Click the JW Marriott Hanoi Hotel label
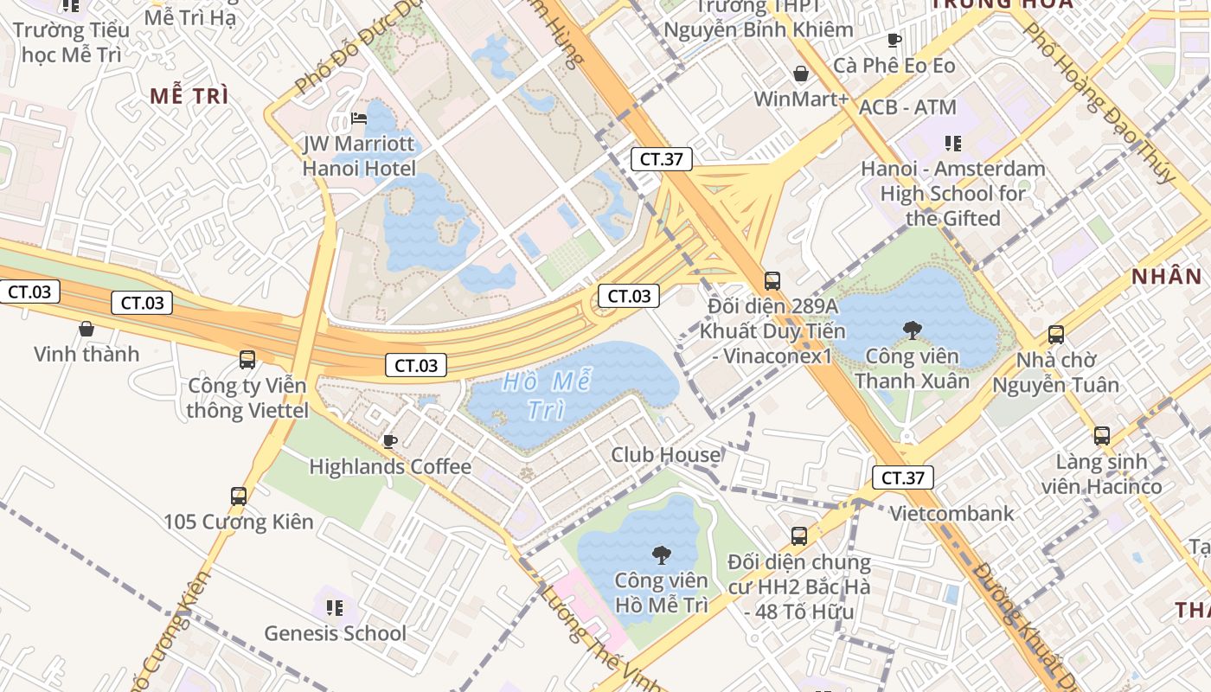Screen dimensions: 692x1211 pyautogui.click(x=359, y=156)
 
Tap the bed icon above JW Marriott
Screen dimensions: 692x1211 pyautogui.click(x=359, y=119)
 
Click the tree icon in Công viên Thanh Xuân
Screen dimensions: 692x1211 pyautogui.click(x=912, y=329)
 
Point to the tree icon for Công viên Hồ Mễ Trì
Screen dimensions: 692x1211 pyautogui.click(x=661, y=554)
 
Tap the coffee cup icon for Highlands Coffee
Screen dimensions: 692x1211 pyautogui.click(x=390, y=442)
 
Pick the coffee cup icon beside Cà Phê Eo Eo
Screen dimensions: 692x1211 pyautogui.click(x=894, y=40)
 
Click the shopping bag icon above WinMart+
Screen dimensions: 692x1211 pyautogui.click(x=801, y=74)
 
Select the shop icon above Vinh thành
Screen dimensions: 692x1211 pyautogui.click(x=86, y=329)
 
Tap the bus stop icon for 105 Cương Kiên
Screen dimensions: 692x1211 pyautogui.click(x=239, y=497)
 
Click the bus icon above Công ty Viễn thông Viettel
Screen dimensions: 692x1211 pyautogui.click(x=247, y=360)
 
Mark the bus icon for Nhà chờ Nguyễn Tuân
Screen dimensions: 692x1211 pyautogui.click(x=1055, y=335)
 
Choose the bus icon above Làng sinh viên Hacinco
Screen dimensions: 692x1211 pyautogui.click(x=1101, y=436)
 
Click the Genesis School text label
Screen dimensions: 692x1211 pyautogui.click(x=335, y=633)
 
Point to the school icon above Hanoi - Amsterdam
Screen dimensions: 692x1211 pyautogui.click(x=953, y=143)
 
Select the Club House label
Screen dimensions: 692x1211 pyautogui.click(x=666, y=455)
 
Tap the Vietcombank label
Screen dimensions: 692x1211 pyautogui.click(x=951, y=514)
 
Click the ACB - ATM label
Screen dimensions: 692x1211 pyautogui.click(x=907, y=108)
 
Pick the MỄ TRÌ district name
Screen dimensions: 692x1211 pyautogui.click(x=189, y=96)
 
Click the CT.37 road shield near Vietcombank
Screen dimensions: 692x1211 pyautogui.click(x=903, y=477)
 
